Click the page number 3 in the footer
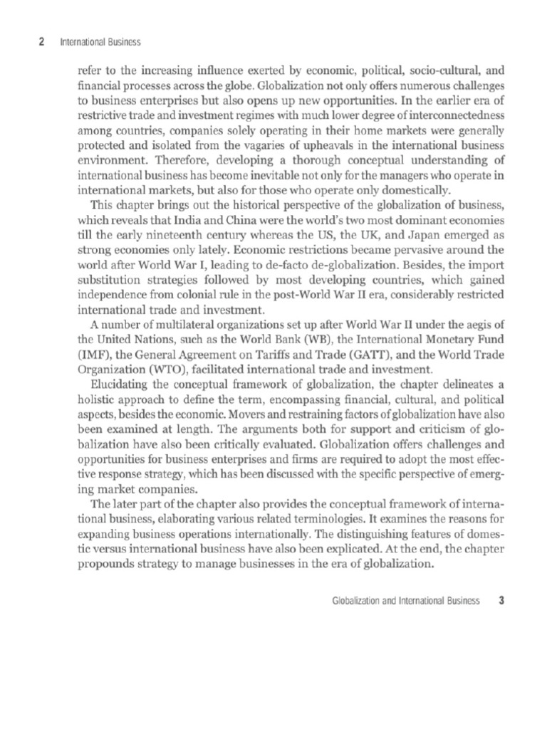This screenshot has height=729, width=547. click(501, 600)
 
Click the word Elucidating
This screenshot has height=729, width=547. click(112, 384)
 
